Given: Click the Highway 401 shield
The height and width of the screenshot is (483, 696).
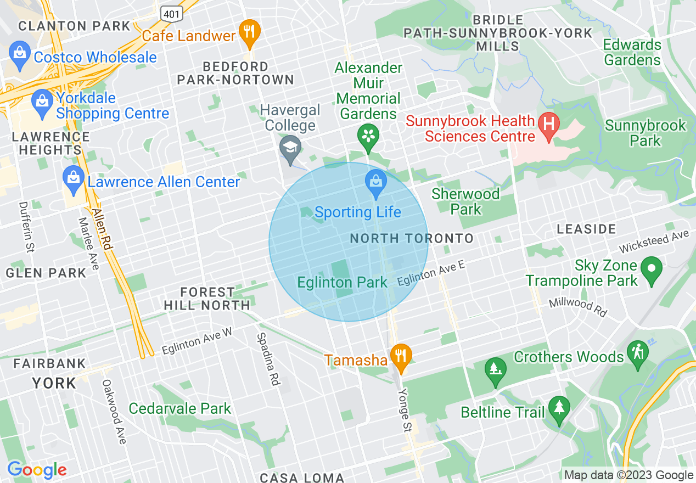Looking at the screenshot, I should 172,13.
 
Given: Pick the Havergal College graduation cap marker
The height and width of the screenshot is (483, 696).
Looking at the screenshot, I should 289,149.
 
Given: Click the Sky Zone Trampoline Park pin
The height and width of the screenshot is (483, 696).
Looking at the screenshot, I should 652,270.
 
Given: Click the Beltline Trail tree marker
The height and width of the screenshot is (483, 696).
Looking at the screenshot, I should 559,409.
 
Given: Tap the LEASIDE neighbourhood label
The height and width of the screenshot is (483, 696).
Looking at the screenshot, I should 586,229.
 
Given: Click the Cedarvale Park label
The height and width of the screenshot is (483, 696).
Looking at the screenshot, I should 180,409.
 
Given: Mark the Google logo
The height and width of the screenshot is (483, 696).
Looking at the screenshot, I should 37,470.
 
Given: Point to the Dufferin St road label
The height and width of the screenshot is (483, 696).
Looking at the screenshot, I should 25,227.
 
